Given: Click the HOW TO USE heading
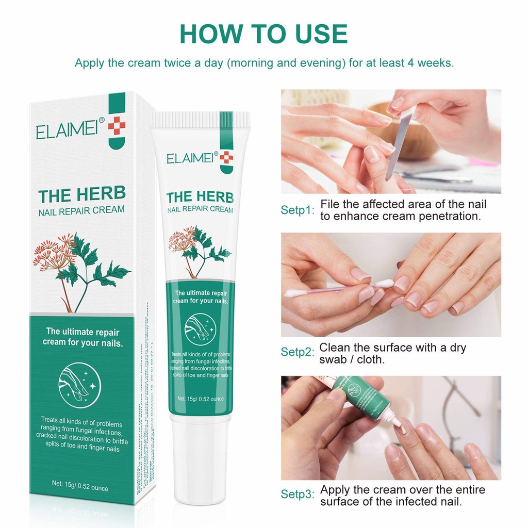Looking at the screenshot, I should point(263,34).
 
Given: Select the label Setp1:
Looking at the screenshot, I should point(297,210).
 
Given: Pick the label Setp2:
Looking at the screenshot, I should point(297,353).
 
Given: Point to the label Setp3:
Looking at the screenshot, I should point(297,494).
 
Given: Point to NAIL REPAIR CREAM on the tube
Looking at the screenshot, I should point(200,210).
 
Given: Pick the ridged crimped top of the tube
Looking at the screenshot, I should point(200,119).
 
